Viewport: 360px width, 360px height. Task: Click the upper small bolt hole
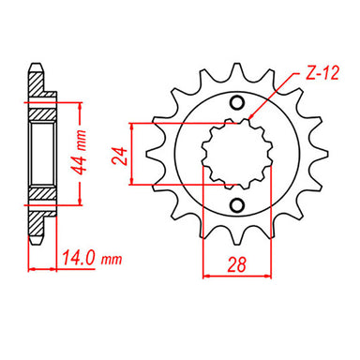pyautogui.click(x=238, y=103)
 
